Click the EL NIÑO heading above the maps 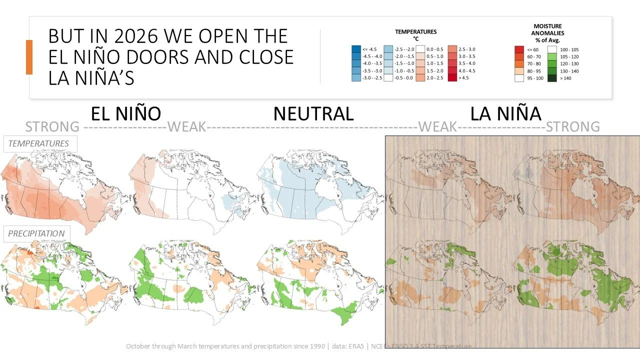tap(126, 113)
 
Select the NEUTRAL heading tap(313, 113)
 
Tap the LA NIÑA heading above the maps tap(505, 113)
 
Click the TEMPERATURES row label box tap(38, 143)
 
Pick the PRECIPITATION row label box tap(36, 233)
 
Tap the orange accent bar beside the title tap(29, 57)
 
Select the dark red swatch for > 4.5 tap(453, 78)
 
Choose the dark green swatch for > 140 tap(552, 78)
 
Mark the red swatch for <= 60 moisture tap(519, 49)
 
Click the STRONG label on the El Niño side tap(52, 126)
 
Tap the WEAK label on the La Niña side tap(437, 126)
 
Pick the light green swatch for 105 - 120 tap(552, 57)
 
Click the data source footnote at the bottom tap(298, 346)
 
